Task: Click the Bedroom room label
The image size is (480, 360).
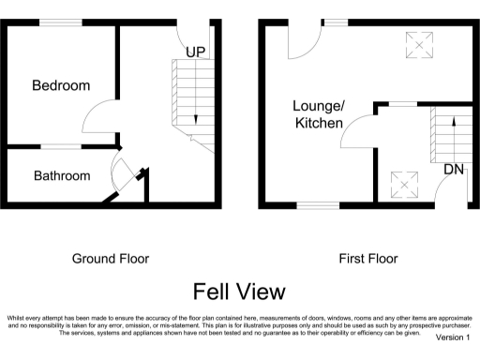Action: [x=61, y=85]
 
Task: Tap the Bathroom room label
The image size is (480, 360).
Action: [x=62, y=175]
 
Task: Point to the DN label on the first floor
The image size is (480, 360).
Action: [x=454, y=170]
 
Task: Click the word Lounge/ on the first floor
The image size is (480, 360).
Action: [x=319, y=106]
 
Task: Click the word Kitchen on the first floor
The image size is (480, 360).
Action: [x=319, y=123]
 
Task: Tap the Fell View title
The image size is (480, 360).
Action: [x=239, y=291]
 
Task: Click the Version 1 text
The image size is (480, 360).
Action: [x=452, y=337]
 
